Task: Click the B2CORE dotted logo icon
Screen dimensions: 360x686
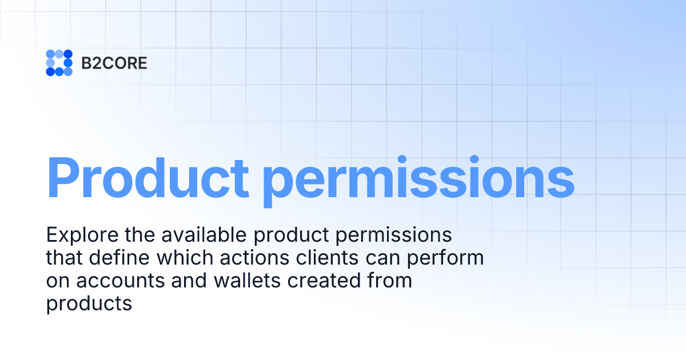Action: coord(59,63)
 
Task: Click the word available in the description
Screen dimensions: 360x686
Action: coord(200,235)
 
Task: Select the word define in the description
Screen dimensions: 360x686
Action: coord(117,258)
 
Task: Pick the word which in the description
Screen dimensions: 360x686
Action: coord(181,258)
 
